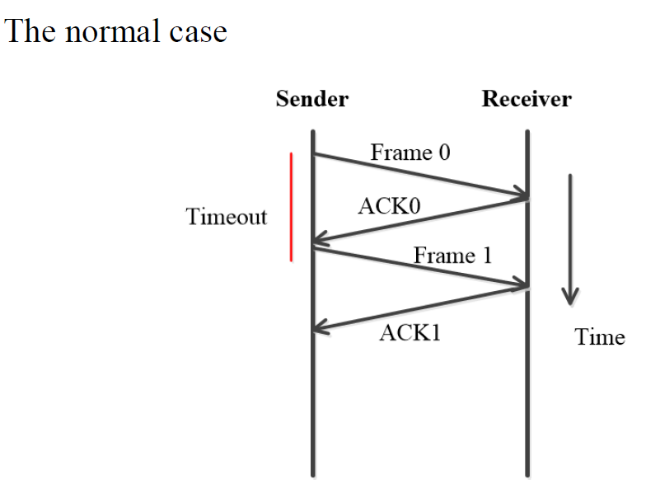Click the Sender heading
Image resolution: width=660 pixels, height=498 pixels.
click(x=311, y=100)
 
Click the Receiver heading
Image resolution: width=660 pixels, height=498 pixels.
click(x=527, y=100)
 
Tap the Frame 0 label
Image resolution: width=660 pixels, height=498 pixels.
click(x=410, y=153)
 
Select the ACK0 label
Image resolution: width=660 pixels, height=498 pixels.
click(x=388, y=206)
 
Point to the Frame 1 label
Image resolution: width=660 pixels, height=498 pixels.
click(x=452, y=255)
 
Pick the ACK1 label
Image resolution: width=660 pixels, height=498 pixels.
click(x=410, y=333)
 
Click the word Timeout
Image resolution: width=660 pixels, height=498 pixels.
click(x=227, y=217)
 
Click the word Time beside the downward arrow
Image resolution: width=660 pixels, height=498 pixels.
click(x=600, y=337)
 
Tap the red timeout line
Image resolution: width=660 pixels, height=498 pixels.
click(x=291, y=206)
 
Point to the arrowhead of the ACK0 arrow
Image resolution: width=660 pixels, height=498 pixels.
click(x=320, y=242)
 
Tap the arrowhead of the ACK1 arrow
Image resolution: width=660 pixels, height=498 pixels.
click(x=320, y=328)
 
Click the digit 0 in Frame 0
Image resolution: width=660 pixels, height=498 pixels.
click(x=444, y=153)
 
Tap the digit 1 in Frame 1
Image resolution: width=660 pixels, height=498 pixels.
click(x=486, y=255)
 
